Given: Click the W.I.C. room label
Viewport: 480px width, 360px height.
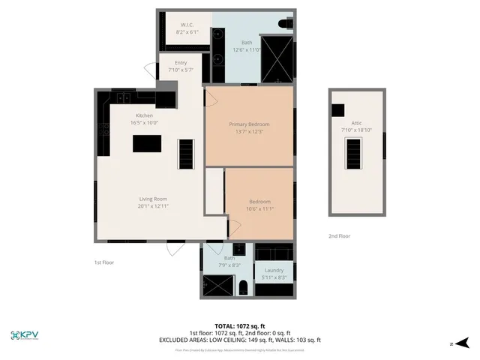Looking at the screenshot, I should [x=187, y=25].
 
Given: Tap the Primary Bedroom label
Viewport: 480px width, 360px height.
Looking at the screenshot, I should [x=249, y=124].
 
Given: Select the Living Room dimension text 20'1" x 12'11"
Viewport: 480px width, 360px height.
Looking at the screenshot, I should [x=152, y=206].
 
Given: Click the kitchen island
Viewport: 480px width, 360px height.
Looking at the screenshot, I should [x=147, y=143].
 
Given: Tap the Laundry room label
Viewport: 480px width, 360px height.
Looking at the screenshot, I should [x=274, y=270].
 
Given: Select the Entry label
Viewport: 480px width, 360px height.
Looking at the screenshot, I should [x=181, y=63].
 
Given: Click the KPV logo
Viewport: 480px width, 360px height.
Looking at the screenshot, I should [x=27, y=335].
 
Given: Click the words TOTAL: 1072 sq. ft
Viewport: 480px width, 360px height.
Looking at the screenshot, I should [x=240, y=326].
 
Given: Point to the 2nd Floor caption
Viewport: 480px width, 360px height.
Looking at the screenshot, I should [x=339, y=236].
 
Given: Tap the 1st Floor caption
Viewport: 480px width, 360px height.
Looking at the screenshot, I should [x=103, y=262].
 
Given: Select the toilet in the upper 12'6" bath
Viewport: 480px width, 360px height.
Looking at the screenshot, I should [x=284, y=25].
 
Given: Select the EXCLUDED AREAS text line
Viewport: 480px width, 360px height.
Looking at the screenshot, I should [x=240, y=340].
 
